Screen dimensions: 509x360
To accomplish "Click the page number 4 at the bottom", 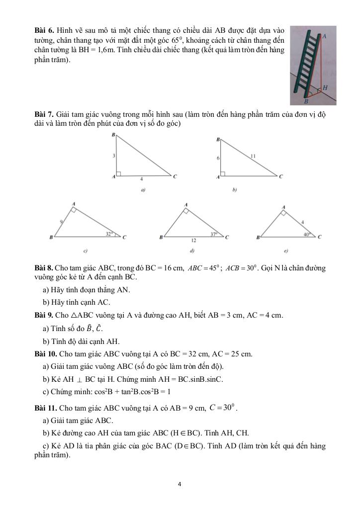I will point(180,483).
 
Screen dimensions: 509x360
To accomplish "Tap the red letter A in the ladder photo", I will point(324,36).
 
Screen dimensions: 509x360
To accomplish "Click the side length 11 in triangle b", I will point(253,156).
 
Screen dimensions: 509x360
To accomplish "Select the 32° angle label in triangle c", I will point(108,233).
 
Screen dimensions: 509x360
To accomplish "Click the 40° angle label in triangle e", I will point(306,233).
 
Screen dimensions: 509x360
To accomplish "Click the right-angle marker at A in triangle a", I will point(120,173).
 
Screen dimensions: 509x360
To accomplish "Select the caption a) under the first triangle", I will point(143,190).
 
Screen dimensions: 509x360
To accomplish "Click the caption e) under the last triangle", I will point(285,251).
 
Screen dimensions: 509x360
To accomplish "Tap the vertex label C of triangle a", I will point(175,176).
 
